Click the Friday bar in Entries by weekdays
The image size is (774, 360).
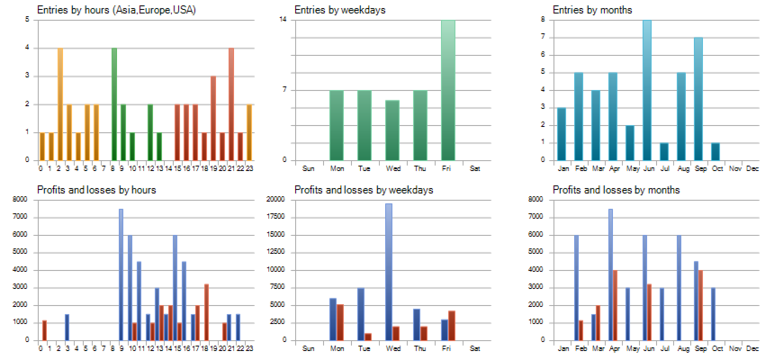(x=448, y=90)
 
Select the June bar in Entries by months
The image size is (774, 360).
(x=646, y=90)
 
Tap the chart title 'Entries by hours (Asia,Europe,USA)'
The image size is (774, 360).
(x=116, y=10)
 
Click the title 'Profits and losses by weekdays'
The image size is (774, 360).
(x=364, y=190)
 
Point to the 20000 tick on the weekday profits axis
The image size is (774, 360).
(x=276, y=199)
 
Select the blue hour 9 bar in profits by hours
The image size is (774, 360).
(x=121, y=274)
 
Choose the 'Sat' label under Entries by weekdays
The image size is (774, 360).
(x=475, y=168)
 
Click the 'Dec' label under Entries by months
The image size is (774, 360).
(x=752, y=168)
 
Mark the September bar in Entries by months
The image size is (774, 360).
(x=697, y=99)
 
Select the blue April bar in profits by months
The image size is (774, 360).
(x=610, y=274)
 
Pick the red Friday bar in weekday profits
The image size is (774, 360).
(x=452, y=325)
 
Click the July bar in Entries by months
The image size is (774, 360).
(x=663, y=151)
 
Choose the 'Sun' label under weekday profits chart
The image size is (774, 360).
(x=308, y=348)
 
